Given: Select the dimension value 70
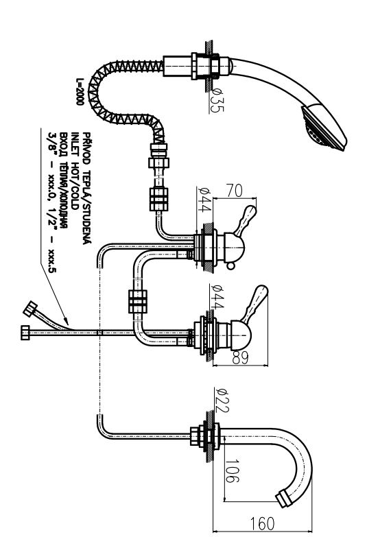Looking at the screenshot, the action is point(235,191).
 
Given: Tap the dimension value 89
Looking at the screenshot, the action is point(240,357).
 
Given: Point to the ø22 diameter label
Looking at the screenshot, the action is point(222,400).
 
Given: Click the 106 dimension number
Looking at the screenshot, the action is point(232,471).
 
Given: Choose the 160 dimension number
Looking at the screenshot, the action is point(262,524).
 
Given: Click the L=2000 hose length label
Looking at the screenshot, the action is point(80,92).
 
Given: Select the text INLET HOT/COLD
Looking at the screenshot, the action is point(75,171).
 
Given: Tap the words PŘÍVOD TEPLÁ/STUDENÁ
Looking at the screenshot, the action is point(87,189).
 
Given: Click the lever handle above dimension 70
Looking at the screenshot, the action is point(246,220).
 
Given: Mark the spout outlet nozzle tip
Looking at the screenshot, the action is point(284,499).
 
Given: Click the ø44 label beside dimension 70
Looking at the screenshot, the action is point(204,200).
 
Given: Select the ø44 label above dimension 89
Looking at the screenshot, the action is point(217,296).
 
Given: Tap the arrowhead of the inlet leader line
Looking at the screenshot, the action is point(66,321).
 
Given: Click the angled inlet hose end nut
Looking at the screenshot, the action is point(30,309).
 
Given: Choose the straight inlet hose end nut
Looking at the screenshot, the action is point(25,333).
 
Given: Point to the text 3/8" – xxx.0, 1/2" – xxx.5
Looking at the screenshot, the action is point(51,202).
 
